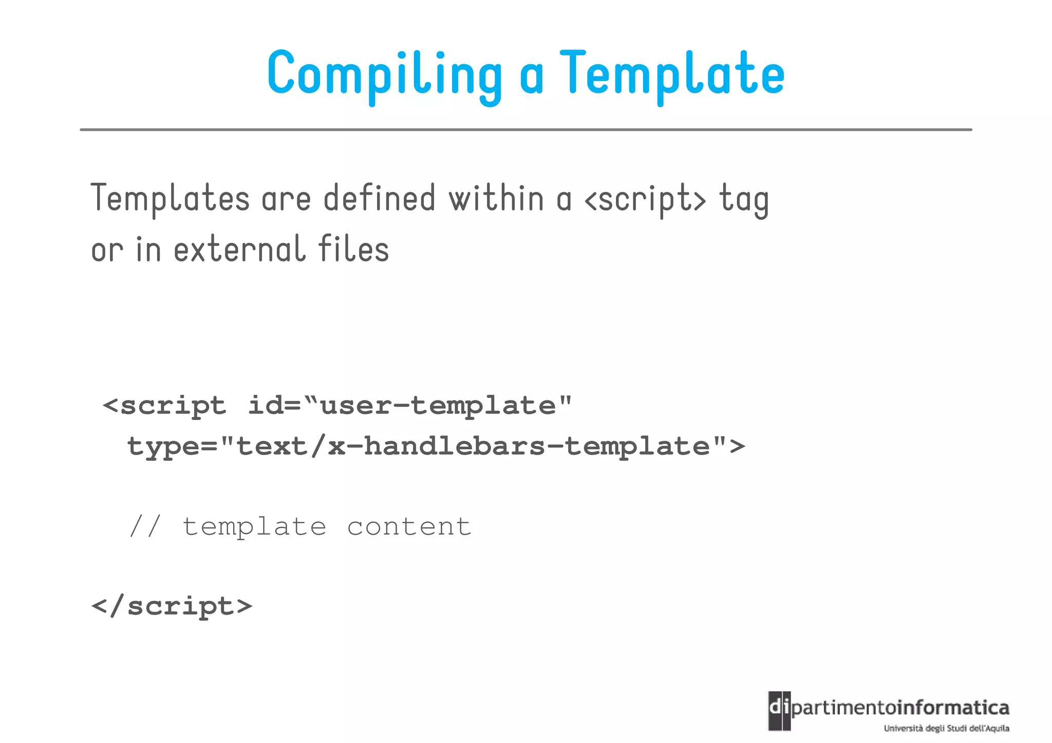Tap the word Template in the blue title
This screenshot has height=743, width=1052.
(672, 74)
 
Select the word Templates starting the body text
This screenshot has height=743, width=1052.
(170, 199)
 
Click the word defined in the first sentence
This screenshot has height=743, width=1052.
(379, 199)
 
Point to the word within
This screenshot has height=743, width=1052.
(496, 199)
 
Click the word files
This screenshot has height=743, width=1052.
(353, 249)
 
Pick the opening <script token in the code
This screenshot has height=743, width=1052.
(164, 406)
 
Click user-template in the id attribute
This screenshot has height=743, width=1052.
(438, 406)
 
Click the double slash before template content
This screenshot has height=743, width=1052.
(145, 527)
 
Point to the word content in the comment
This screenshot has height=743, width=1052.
(409, 527)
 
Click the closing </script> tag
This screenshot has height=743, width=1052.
(172, 606)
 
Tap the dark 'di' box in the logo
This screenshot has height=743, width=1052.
(779, 710)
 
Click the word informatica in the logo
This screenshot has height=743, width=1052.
(953, 708)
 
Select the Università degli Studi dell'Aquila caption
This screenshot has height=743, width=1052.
(946, 728)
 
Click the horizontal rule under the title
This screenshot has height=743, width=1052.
(525, 130)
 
